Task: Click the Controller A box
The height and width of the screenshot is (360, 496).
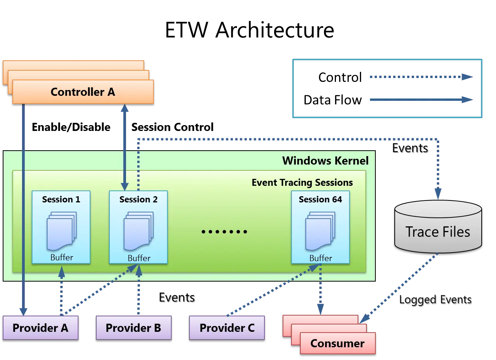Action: (83, 92)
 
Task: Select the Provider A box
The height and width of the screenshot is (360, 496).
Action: (40, 328)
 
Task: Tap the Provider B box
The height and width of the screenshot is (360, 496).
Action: (133, 328)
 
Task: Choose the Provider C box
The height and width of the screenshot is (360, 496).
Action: (227, 328)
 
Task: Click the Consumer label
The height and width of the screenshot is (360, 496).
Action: (337, 343)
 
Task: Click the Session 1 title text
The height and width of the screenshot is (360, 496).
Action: (61, 199)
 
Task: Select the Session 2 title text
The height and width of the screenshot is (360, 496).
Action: (138, 199)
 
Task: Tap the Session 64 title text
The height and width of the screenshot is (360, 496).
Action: (320, 199)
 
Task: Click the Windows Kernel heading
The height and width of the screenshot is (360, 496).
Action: (326, 161)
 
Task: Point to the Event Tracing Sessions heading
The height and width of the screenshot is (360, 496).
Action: (302, 182)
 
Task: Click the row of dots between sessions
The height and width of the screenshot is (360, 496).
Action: (224, 232)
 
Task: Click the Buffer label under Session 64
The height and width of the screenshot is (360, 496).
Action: (320, 258)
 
